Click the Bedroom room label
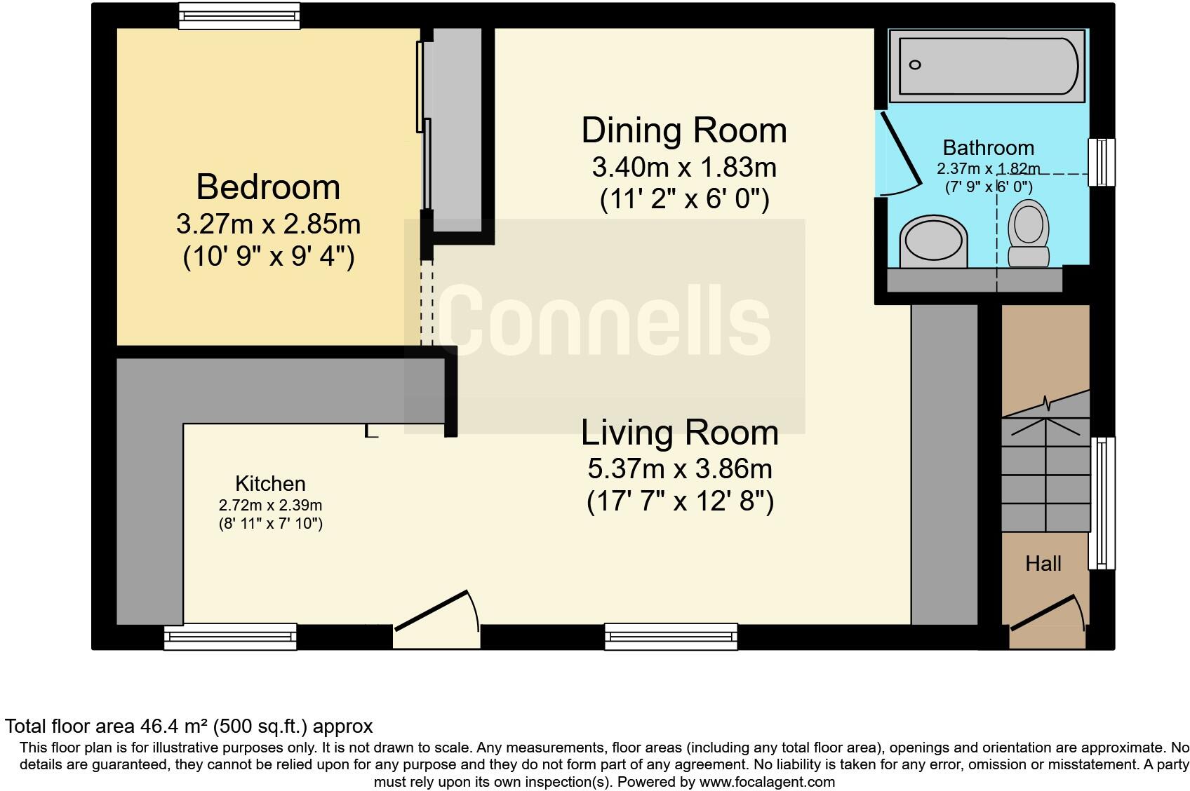click(x=268, y=187)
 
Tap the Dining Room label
click(x=683, y=131)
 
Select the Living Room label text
click(x=679, y=433)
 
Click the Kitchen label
click(x=270, y=484)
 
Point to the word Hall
click(x=1043, y=564)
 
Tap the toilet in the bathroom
click(x=1029, y=234)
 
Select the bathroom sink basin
click(x=933, y=241)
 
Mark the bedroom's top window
click(x=239, y=15)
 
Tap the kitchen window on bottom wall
click(x=230, y=637)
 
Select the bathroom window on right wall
click(x=1101, y=162)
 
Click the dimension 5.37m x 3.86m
click(x=679, y=468)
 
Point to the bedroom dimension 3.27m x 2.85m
click(x=268, y=224)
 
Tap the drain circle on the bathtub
click(x=914, y=65)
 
